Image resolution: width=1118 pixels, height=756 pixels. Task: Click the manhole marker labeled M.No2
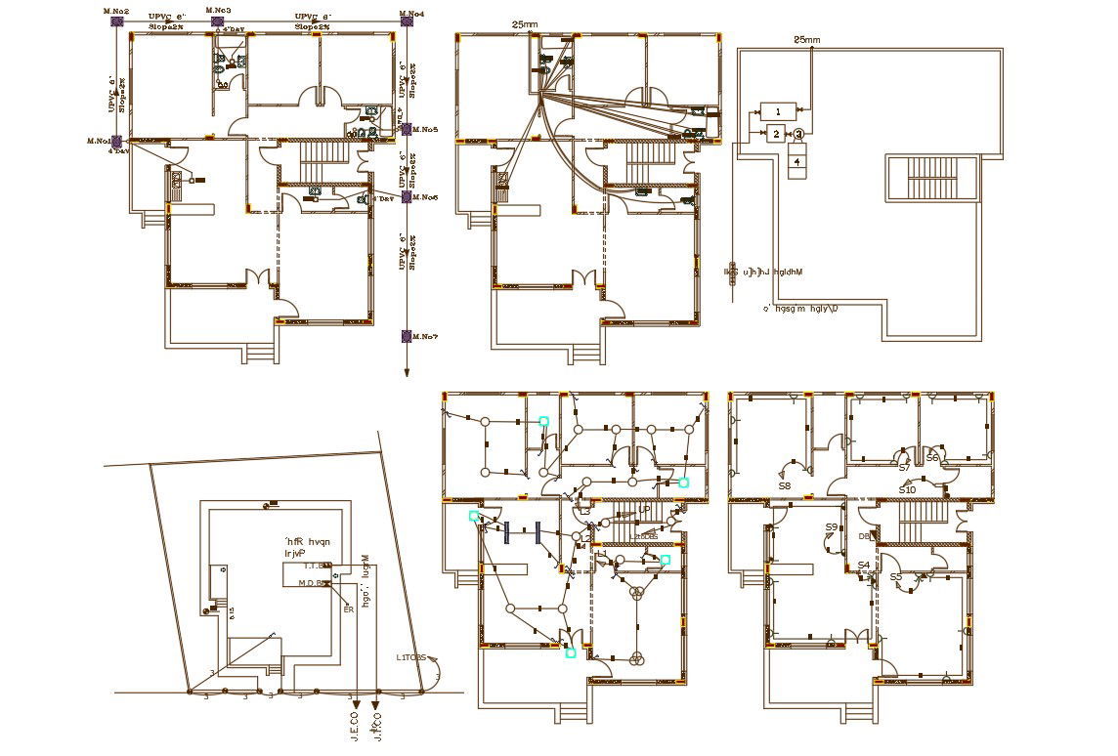tap(116, 21)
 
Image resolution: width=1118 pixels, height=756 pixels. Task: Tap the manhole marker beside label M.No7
tap(407, 336)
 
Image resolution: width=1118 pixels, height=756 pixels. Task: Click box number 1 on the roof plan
tap(777, 111)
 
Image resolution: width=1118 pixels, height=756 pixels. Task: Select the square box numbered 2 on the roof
tap(775, 134)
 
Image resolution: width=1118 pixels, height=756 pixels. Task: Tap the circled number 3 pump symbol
tap(798, 134)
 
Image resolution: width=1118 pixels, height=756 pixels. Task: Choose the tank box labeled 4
tap(797, 161)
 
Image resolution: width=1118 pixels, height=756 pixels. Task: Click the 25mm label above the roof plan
tap(806, 40)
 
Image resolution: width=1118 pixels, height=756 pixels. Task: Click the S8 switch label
tap(784, 485)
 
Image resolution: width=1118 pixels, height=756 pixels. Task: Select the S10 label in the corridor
tap(907, 489)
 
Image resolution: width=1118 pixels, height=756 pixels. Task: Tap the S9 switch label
tap(832, 527)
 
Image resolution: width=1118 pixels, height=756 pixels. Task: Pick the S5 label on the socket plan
tap(896, 577)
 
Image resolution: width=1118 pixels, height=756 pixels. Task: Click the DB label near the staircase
tap(863, 536)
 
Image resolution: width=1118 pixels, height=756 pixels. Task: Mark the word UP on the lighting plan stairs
tap(644, 509)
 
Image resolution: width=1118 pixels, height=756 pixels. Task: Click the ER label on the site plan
tap(348, 609)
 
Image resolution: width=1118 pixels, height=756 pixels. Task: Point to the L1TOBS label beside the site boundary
tap(410, 657)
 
